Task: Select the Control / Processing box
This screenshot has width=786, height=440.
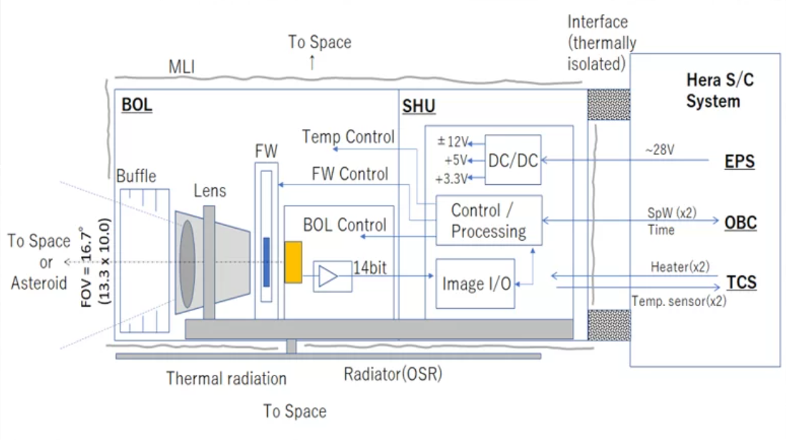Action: (x=489, y=220)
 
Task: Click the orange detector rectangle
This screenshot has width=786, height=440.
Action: (x=293, y=262)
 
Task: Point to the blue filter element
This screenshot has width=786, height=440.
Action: (x=266, y=262)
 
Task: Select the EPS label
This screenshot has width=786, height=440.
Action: (x=739, y=161)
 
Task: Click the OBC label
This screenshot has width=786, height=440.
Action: (x=740, y=223)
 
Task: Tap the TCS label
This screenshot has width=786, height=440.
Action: (x=741, y=283)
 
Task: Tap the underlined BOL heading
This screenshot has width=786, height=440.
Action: (x=137, y=105)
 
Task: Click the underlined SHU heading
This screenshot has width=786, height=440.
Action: (x=419, y=107)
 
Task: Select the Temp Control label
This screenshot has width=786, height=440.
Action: (x=348, y=137)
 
